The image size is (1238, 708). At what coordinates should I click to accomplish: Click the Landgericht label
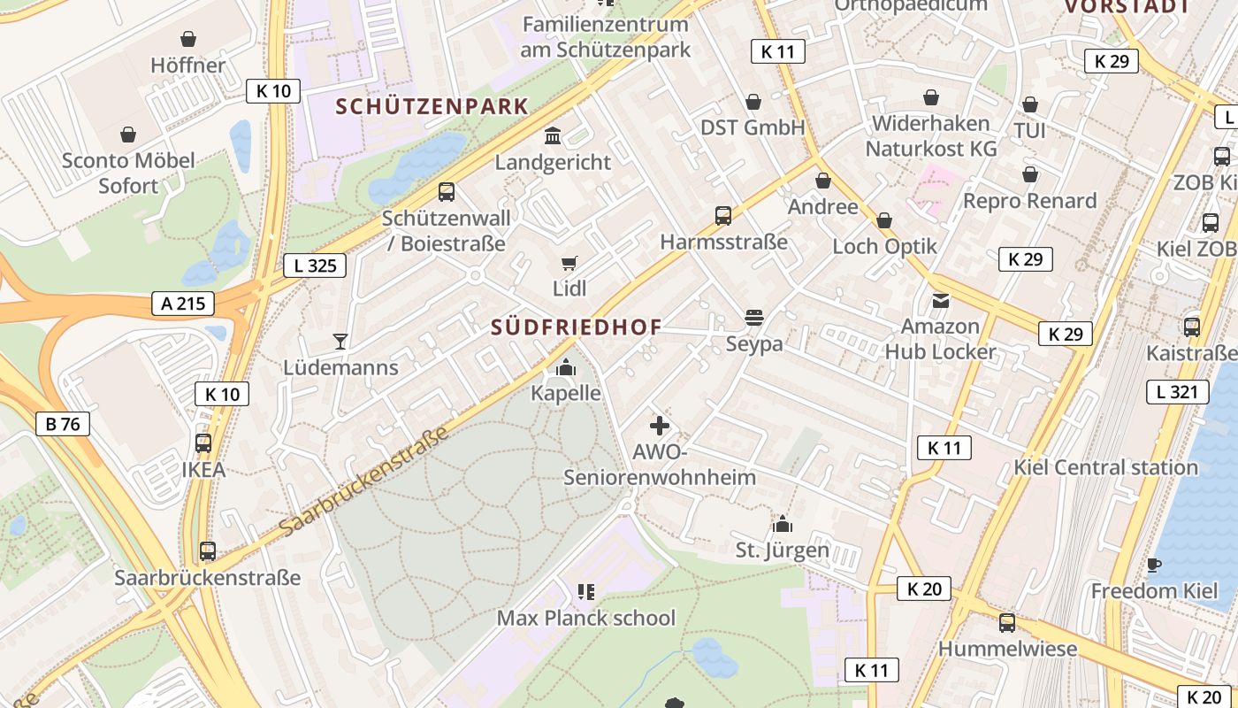coord(553,162)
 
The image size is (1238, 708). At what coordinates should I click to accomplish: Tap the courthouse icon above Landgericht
coord(554,136)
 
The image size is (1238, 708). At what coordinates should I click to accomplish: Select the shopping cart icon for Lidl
coord(569,263)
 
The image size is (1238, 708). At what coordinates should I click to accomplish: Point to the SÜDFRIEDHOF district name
coord(577,327)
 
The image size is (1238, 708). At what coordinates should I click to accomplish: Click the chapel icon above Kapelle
coord(566,367)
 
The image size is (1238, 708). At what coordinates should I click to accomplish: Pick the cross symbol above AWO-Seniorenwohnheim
coord(660,426)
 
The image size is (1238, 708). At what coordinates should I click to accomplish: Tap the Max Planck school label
coord(585,618)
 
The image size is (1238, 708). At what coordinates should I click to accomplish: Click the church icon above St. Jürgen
coord(782,524)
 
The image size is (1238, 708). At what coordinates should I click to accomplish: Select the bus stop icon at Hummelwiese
coord(1007,622)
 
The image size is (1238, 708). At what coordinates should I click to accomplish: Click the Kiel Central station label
coord(1105,467)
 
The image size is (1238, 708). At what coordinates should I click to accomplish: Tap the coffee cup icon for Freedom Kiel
coord(1153,565)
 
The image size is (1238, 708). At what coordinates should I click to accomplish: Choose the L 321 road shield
coord(1177,392)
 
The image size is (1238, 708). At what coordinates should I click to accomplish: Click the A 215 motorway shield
coord(183,304)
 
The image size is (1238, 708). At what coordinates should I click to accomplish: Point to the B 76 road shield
coord(63,424)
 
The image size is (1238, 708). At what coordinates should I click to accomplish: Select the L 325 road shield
coord(315,265)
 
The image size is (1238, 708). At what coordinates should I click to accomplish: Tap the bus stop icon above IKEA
coord(203,442)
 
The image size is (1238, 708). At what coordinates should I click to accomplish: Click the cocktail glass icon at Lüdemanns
coord(340,341)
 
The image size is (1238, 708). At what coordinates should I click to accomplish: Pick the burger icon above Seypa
coord(754,317)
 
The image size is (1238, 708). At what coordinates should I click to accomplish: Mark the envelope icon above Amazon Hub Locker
coord(940,301)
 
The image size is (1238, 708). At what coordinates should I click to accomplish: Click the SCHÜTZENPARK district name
coord(432,107)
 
